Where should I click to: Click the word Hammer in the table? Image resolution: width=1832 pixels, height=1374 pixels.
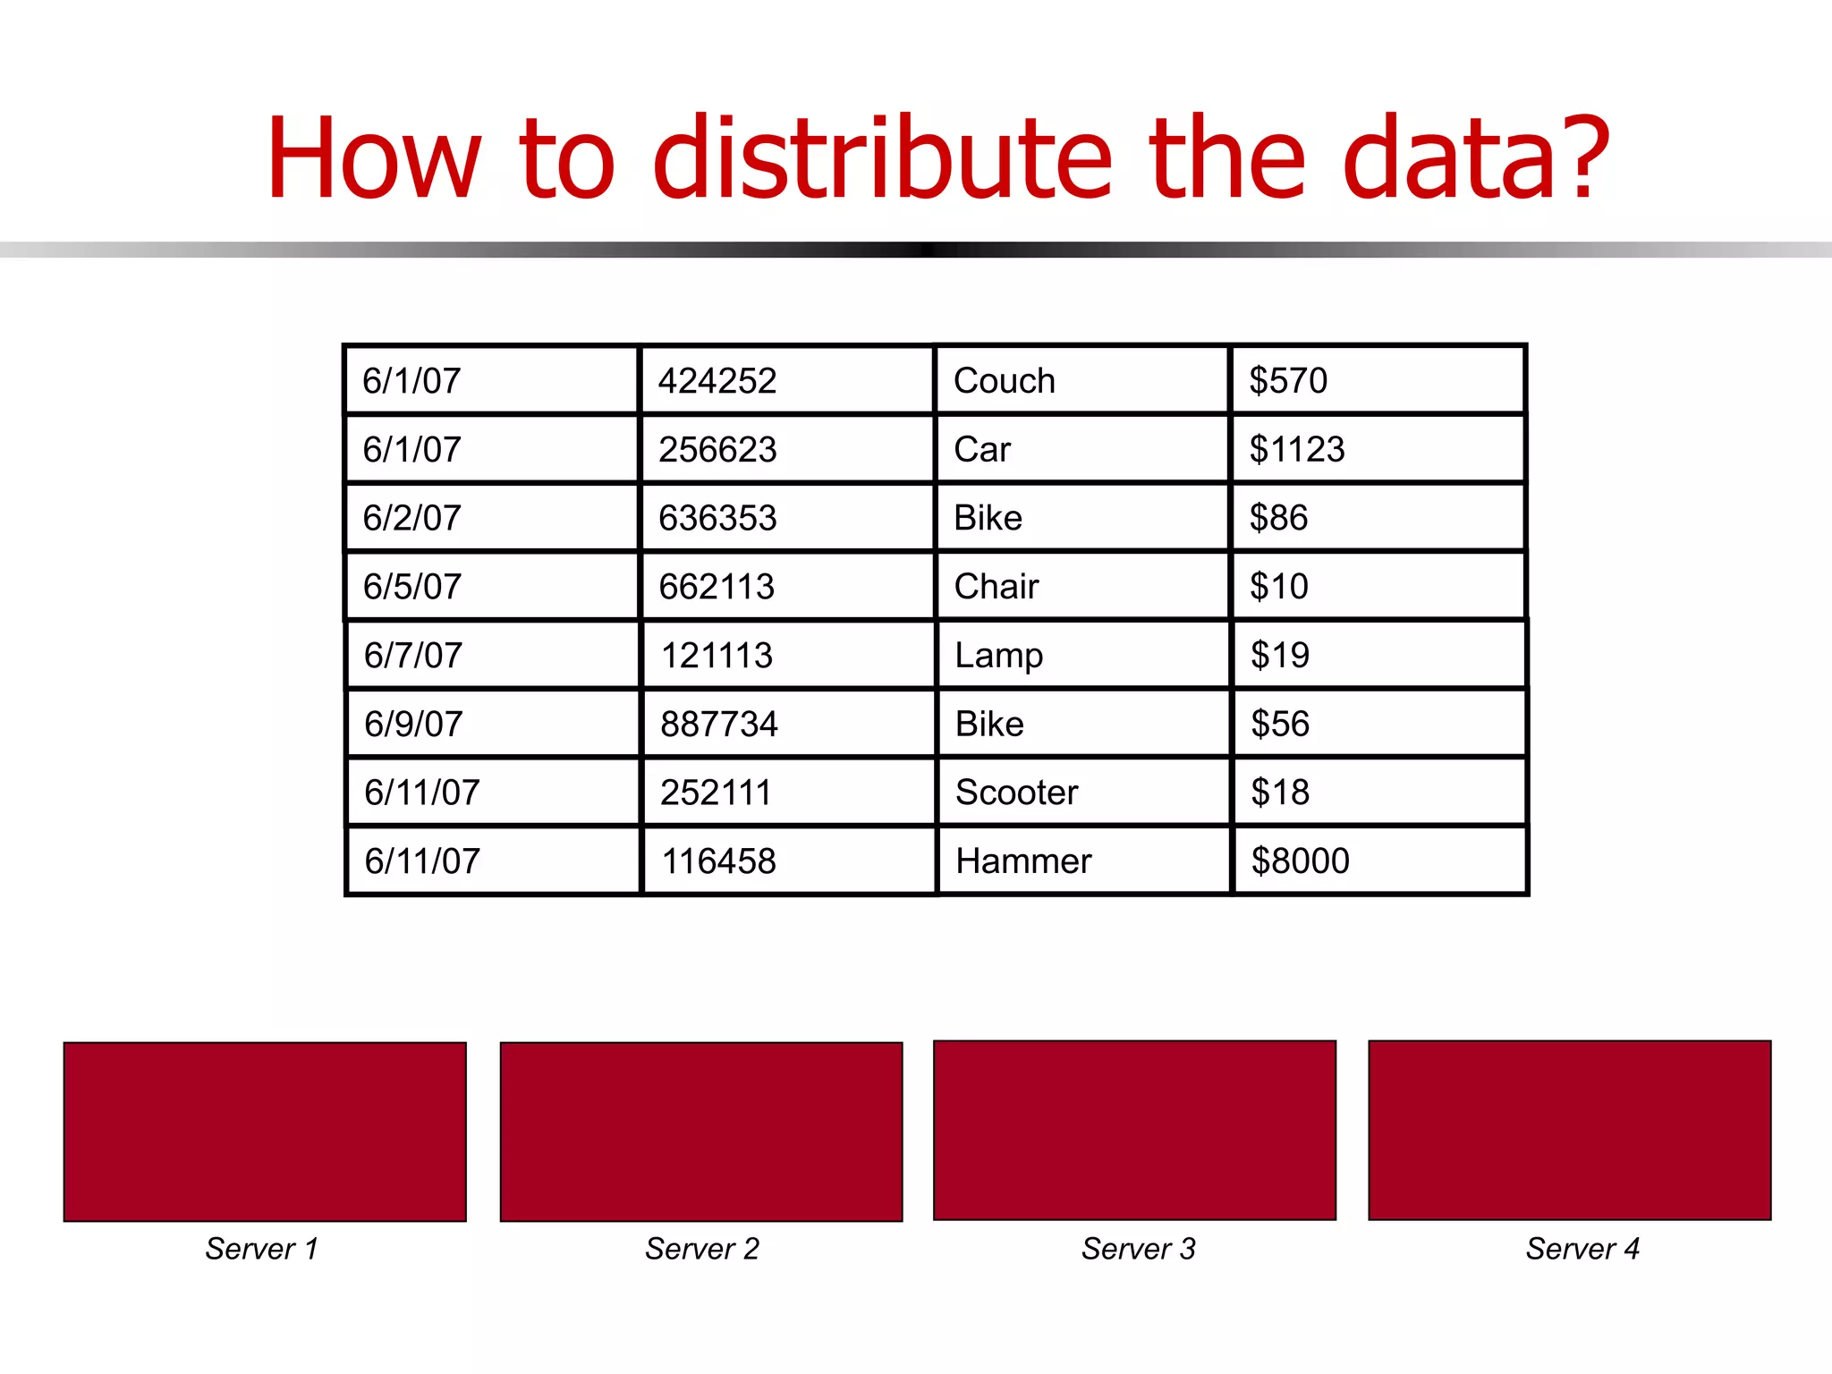[x=1023, y=861]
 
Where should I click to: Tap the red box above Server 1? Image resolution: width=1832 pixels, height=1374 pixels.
[x=265, y=1132]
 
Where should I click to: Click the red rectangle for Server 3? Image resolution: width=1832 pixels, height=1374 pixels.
[x=1134, y=1130]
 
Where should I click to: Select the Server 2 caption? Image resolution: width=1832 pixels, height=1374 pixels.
[x=702, y=1249]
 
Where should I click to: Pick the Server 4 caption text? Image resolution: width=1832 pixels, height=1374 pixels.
[x=1582, y=1249]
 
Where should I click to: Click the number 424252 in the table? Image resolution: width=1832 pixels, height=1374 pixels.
[x=717, y=381]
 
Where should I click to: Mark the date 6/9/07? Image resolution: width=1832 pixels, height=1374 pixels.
[x=413, y=724]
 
